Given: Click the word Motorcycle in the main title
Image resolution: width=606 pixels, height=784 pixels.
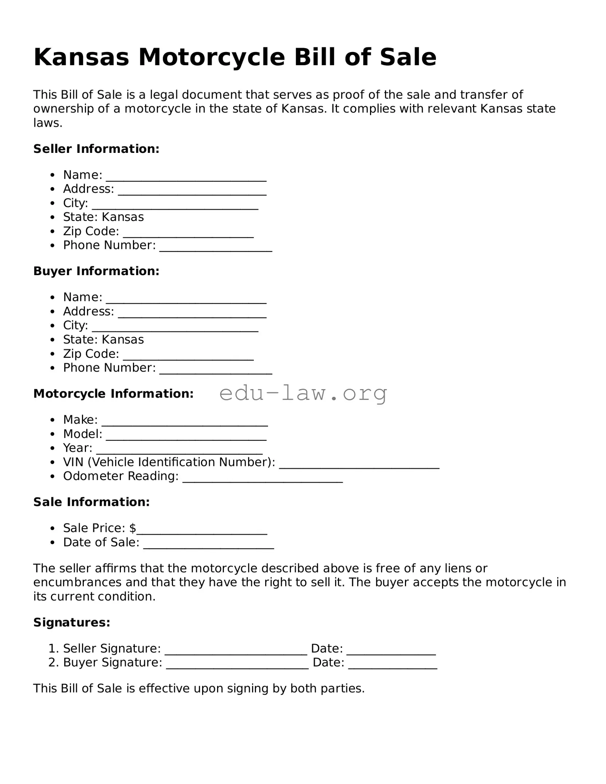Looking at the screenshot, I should tap(211, 58).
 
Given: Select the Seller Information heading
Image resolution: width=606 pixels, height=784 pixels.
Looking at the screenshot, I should tap(96, 149).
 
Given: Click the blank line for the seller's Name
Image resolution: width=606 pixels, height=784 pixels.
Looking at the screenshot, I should tap(186, 177).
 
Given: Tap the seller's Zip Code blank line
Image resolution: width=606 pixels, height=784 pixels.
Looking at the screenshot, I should tap(188, 233).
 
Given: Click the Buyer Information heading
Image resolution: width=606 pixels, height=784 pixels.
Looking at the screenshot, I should tap(96, 271).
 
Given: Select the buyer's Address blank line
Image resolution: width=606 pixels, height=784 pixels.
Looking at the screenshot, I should tap(192, 313).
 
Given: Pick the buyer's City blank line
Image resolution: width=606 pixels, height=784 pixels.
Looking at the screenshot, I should tap(175, 327).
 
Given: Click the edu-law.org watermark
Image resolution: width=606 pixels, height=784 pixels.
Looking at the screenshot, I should tap(303, 393).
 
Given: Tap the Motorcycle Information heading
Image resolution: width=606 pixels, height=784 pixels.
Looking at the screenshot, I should tap(113, 394).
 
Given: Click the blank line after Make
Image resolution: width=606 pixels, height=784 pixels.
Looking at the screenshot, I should tap(185, 421).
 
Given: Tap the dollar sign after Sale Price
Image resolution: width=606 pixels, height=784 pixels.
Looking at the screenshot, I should tap(133, 528).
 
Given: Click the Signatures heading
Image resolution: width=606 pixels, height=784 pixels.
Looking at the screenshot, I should tap(72, 623).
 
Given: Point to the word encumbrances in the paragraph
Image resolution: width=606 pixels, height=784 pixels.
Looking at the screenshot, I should tap(77, 582).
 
